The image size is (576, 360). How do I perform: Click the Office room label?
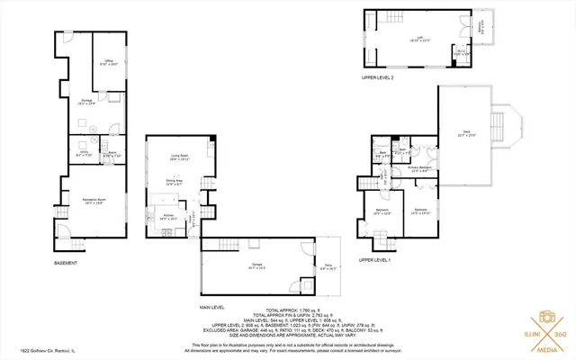point(107,62)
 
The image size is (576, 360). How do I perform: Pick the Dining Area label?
point(174,182)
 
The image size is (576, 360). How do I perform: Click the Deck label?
point(466,133)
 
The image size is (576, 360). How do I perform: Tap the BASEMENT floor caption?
point(65,263)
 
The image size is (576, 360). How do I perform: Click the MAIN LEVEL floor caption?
point(211,307)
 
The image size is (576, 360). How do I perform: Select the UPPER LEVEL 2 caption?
point(377,78)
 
